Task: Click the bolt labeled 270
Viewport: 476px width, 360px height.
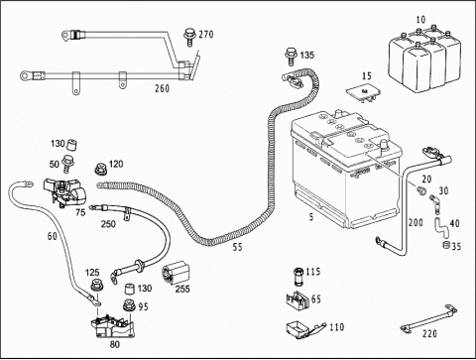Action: tap(189, 37)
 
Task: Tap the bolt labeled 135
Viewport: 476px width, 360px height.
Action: tap(291, 56)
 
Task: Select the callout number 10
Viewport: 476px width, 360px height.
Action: tap(420, 20)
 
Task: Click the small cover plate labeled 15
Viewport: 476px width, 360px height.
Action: tap(364, 93)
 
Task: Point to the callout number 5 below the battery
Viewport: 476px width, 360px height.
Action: tap(311, 217)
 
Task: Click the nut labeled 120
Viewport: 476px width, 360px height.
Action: tap(100, 169)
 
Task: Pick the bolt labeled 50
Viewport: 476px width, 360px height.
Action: tap(67, 164)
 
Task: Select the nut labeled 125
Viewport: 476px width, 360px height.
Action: tap(96, 285)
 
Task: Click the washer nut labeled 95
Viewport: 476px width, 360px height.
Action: tap(129, 305)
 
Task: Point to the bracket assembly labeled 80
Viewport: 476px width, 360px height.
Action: tap(113, 326)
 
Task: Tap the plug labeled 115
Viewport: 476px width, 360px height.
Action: tap(298, 276)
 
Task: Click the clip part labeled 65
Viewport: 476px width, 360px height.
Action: tap(297, 300)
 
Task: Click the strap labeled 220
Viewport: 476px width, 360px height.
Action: tap(428, 319)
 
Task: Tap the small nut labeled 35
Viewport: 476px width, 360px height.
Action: tap(446, 245)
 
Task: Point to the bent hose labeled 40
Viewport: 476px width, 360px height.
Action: tap(440, 227)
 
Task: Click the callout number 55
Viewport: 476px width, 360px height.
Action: tap(237, 247)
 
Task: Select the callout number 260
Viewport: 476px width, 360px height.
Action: tap(162, 88)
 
